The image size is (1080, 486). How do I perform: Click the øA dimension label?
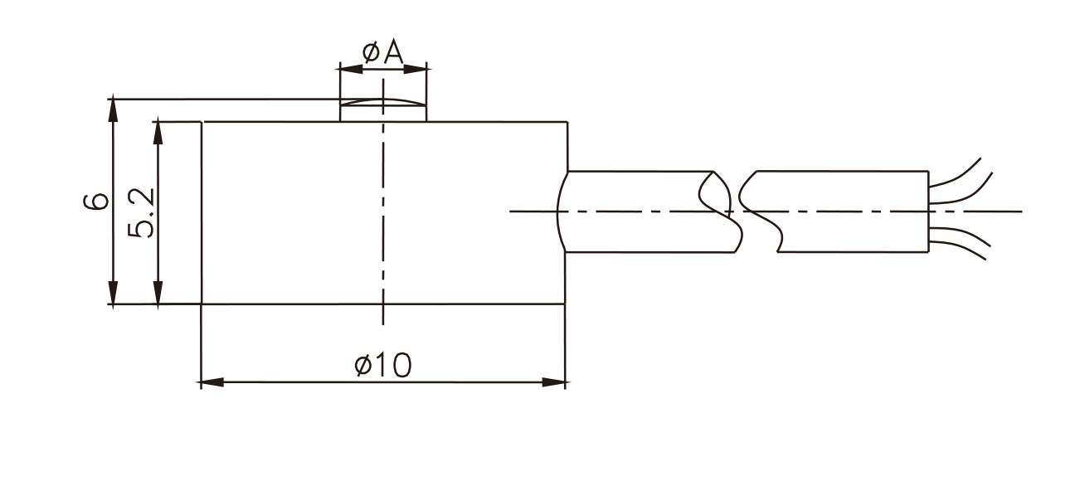click(x=383, y=52)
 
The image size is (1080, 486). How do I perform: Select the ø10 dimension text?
click(x=383, y=365)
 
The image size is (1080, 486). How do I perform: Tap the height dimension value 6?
click(x=96, y=202)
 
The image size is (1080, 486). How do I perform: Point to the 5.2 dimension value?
click(x=141, y=212)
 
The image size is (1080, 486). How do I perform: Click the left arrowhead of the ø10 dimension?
click(x=212, y=382)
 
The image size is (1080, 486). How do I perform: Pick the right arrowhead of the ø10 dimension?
click(x=553, y=382)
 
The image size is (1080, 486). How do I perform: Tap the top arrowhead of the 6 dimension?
click(x=113, y=110)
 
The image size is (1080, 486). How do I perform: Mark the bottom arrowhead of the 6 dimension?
click(x=113, y=292)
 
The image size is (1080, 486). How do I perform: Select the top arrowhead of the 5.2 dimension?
click(x=158, y=133)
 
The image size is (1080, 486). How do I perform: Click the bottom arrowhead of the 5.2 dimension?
click(x=158, y=292)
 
